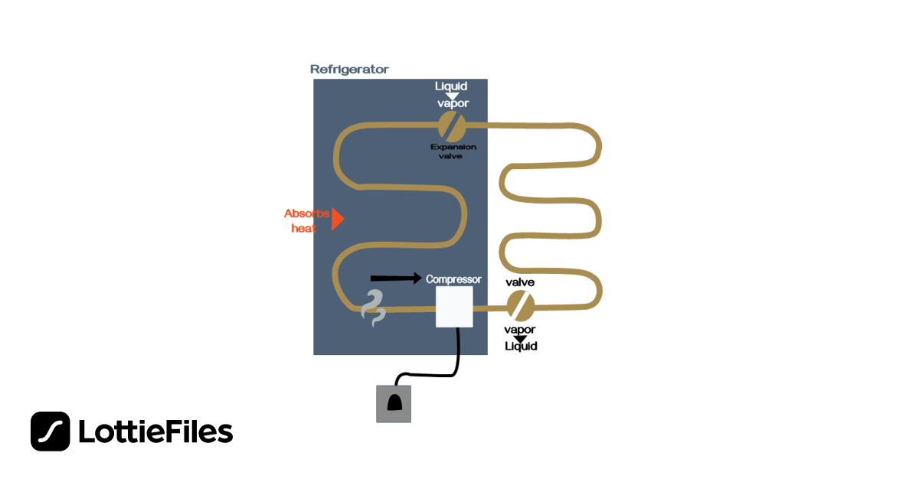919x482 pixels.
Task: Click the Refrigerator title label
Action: point(349,70)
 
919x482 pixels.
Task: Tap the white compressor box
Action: point(454,307)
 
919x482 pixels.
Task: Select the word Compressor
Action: point(453,279)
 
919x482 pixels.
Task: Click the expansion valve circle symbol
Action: point(451,124)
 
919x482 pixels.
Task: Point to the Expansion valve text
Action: point(453,151)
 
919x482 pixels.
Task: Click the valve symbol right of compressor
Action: point(521,305)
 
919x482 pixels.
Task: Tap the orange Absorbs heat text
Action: point(306,220)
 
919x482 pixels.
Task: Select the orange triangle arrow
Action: point(337,219)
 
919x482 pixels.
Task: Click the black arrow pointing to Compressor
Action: point(395,277)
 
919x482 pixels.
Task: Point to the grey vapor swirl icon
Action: point(373,308)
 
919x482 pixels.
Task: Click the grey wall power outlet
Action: point(394,403)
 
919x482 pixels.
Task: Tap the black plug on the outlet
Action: point(394,403)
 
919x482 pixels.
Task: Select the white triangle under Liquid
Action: point(452,96)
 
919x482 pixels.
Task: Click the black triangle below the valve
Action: point(520,338)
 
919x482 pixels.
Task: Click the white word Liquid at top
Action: point(451,86)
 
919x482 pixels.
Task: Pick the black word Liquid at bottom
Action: point(521,347)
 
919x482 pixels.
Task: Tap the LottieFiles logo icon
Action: point(51,432)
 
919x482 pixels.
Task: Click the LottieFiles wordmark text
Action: point(155,432)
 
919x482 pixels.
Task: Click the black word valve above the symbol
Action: point(520,282)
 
